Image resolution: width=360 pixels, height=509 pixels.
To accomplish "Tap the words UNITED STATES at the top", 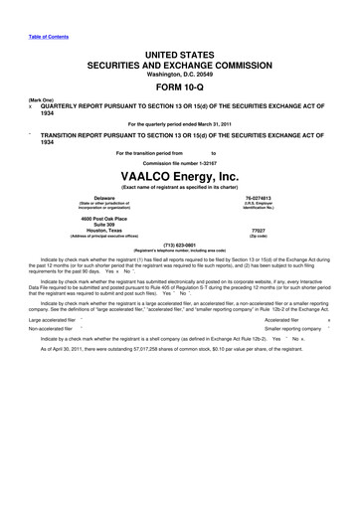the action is [179, 50].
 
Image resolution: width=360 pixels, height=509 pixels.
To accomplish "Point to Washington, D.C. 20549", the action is [179, 72].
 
